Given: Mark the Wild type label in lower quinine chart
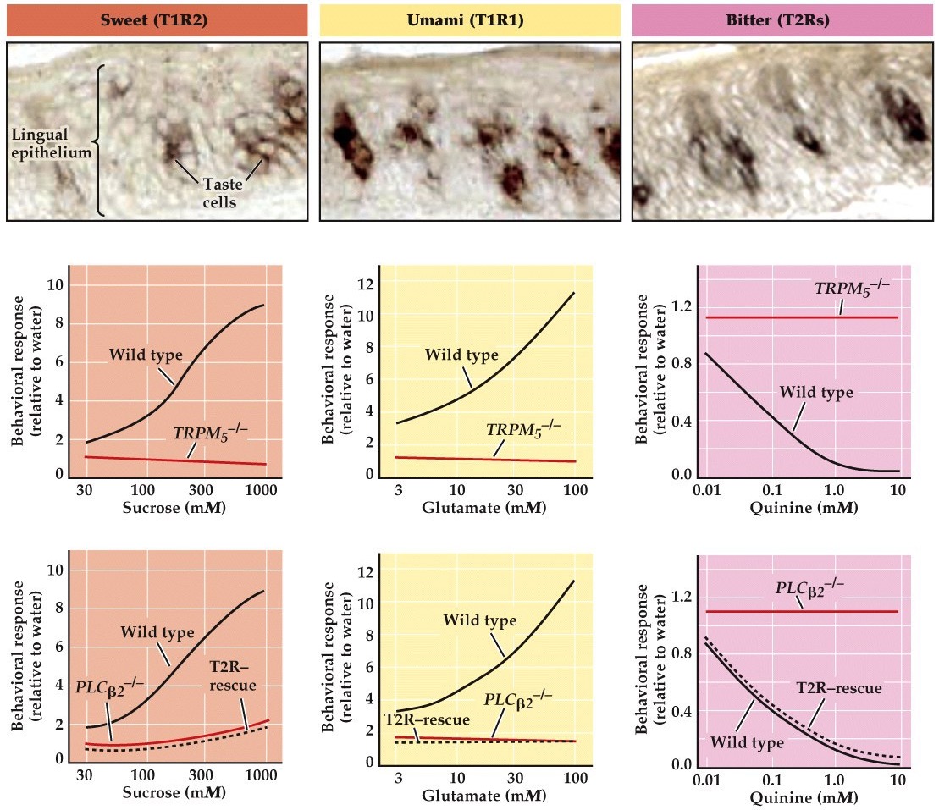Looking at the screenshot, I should (x=747, y=742).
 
